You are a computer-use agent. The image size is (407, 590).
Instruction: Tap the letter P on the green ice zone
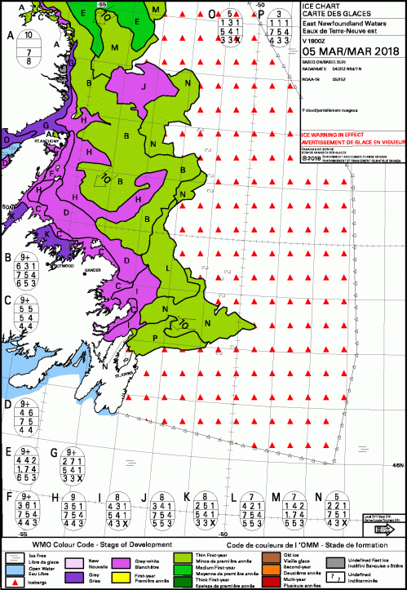[155, 338]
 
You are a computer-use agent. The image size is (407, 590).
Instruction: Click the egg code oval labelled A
[29, 47]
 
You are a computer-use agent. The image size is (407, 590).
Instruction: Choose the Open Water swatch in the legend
[11, 570]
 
